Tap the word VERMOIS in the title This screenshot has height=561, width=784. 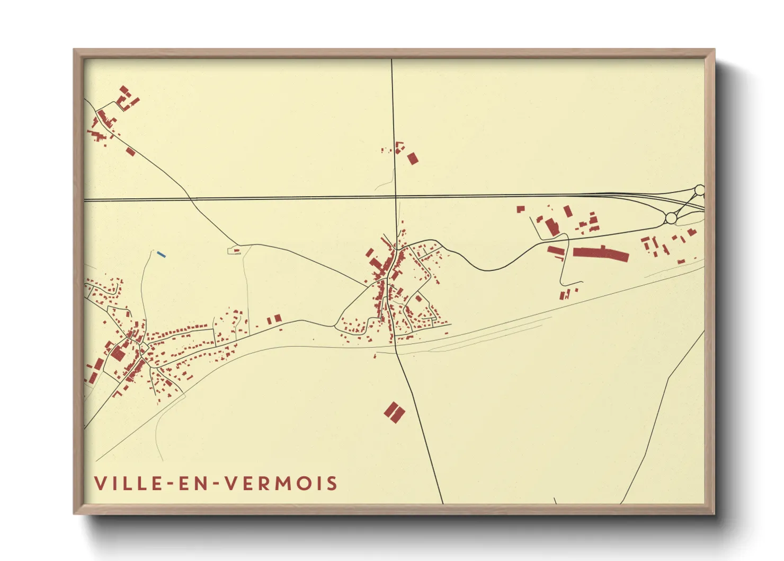(281, 484)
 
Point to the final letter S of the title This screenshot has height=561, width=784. (332, 484)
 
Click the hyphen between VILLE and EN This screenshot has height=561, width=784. (171, 484)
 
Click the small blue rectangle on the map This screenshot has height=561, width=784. (162, 255)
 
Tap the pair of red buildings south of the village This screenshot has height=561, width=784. (394, 413)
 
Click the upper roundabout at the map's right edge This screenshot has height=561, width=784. (699, 190)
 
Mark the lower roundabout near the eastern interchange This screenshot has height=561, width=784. (671, 218)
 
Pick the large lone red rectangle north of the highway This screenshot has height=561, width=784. (413, 158)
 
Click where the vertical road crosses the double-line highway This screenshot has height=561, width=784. (395, 198)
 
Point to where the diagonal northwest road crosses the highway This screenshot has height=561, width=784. (190, 199)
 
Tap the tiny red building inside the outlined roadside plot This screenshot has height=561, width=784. (236, 251)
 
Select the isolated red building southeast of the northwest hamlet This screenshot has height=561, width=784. (130, 152)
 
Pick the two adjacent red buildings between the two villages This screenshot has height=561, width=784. (274, 319)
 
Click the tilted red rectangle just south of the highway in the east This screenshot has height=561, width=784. (567, 212)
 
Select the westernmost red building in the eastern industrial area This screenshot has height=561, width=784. (520, 209)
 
